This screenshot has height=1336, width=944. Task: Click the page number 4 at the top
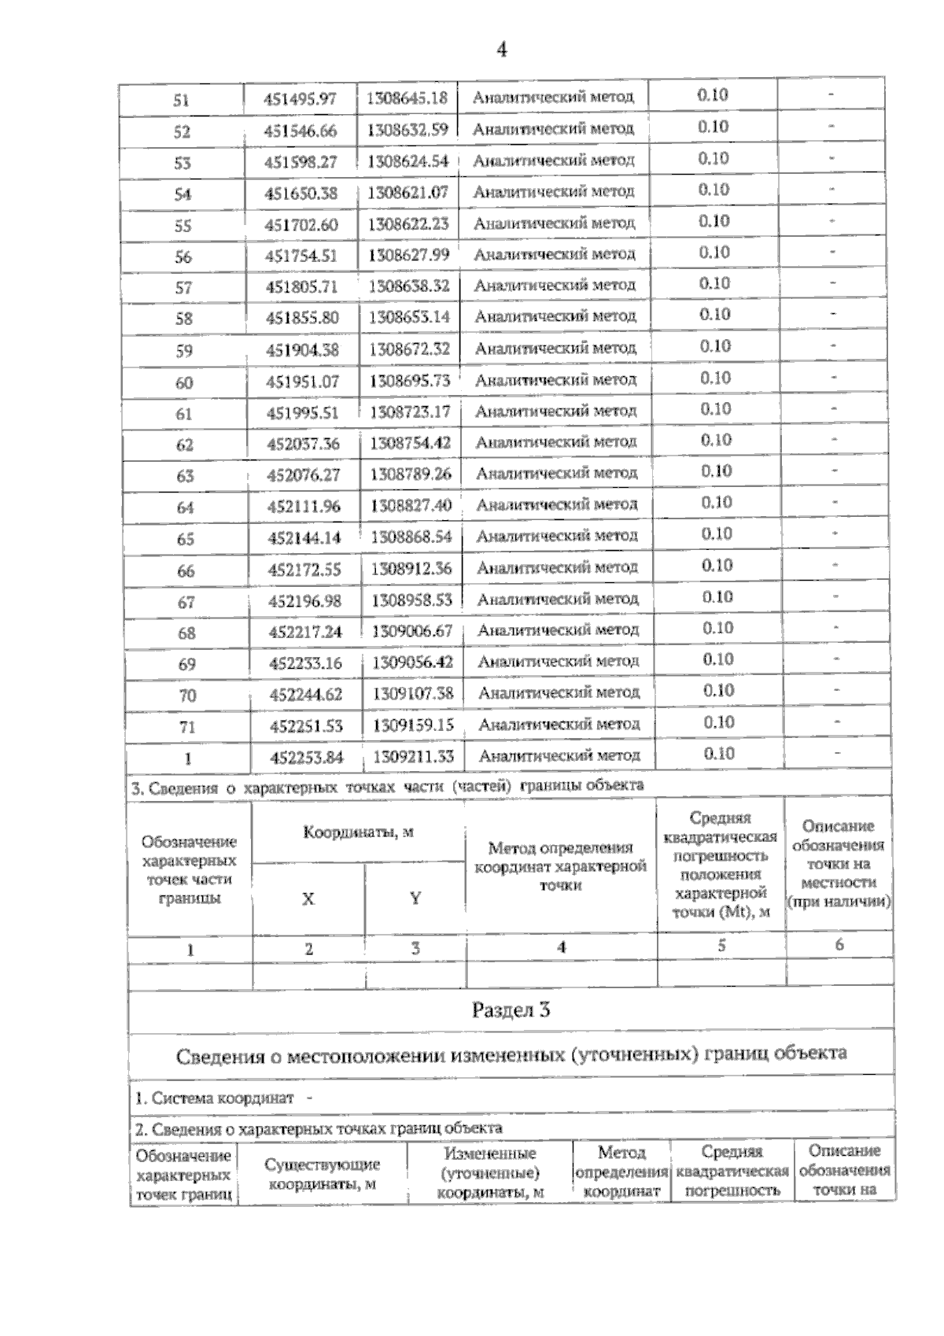[x=501, y=50]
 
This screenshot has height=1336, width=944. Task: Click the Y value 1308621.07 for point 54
[x=407, y=192]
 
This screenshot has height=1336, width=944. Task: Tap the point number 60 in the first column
[x=184, y=382]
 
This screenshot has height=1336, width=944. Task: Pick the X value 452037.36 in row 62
[x=303, y=444]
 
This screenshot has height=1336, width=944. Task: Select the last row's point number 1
[x=187, y=758]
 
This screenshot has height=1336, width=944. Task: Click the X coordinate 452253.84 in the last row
[x=306, y=757]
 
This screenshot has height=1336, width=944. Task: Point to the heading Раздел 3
[x=511, y=1010]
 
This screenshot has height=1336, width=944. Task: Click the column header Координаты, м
[x=358, y=832]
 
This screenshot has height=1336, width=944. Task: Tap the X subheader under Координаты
[x=308, y=899]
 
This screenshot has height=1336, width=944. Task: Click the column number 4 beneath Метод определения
[x=561, y=947]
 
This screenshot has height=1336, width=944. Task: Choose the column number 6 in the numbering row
[x=839, y=945]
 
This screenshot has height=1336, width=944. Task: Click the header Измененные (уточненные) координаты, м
[x=490, y=1173]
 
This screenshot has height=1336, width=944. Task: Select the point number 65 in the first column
[x=185, y=539]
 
